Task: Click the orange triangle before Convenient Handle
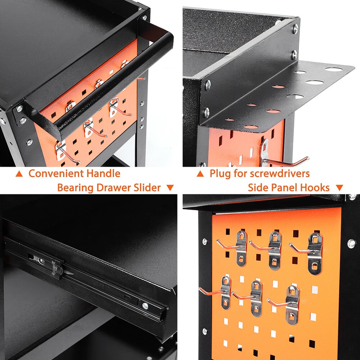pyautogui.click(x=19, y=174)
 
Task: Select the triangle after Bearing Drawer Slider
pyautogui.click(x=170, y=188)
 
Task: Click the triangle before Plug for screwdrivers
pyautogui.click(x=200, y=174)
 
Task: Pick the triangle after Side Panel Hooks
pyautogui.click(x=339, y=188)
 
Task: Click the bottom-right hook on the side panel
pyautogui.click(x=285, y=303)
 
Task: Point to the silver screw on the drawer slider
pyautogui.click(x=145, y=306)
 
